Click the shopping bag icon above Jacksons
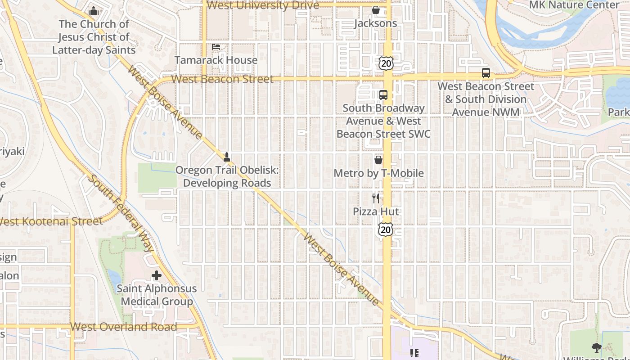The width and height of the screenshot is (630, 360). [x=376, y=10]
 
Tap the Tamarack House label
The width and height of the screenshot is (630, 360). [x=216, y=60]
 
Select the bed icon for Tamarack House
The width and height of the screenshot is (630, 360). [x=216, y=47]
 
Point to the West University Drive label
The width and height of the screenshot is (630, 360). [x=263, y=5]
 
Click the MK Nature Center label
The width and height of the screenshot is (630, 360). [x=574, y=5]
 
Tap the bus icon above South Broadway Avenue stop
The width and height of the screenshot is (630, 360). [x=383, y=95]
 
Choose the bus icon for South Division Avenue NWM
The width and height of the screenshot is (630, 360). [x=486, y=73]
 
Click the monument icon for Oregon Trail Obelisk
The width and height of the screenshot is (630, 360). [x=227, y=157]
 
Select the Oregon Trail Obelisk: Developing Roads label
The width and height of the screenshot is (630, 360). [x=227, y=176]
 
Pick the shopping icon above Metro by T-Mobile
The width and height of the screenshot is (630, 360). [x=378, y=160]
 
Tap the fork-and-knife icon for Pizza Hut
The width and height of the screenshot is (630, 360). [x=376, y=198]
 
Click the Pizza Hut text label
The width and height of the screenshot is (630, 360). [x=376, y=211]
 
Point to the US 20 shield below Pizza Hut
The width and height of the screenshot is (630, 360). [x=386, y=229]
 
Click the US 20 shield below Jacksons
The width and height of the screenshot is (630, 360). [x=386, y=63]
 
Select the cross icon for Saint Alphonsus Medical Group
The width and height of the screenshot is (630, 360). [x=157, y=275]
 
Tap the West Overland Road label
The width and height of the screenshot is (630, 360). [x=124, y=327]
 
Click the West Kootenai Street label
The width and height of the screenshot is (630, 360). [x=51, y=221]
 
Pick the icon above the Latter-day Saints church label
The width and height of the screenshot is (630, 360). [x=94, y=10]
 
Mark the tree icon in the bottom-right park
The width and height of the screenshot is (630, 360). [x=597, y=347]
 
